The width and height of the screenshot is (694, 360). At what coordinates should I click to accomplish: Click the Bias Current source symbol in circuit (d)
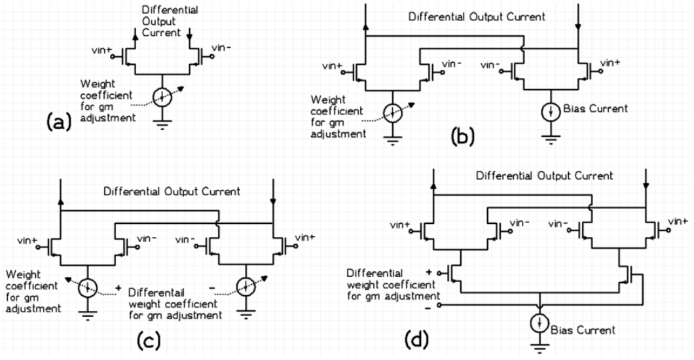(x=540, y=325)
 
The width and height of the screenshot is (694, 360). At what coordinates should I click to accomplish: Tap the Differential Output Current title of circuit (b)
(x=470, y=18)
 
